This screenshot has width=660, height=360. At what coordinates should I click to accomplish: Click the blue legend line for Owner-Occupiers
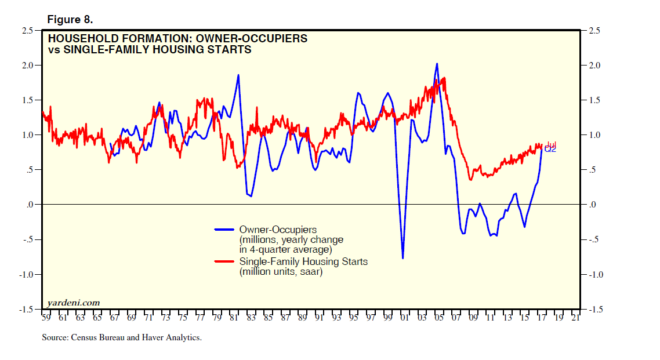click(x=224, y=229)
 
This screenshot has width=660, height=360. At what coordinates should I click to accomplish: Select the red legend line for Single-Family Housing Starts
click(x=224, y=261)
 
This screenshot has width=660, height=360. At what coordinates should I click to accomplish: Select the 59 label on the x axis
click(x=46, y=318)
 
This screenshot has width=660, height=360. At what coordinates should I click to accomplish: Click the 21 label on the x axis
click(x=575, y=318)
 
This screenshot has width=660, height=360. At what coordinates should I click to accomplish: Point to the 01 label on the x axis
click(x=405, y=318)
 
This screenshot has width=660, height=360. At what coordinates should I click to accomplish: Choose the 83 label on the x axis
click(x=251, y=318)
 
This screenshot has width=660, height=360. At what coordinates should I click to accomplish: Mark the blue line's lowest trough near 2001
click(x=402, y=258)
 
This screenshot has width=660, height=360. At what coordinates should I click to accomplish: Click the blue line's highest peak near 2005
click(x=437, y=64)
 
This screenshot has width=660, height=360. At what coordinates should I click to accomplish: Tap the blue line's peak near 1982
click(x=238, y=75)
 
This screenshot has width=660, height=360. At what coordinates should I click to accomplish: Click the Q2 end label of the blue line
click(x=550, y=150)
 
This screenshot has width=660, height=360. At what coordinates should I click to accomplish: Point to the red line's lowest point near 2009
click(x=470, y=180)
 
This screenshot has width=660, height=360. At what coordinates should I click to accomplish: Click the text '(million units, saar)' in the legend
click(x=281, y=271)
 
